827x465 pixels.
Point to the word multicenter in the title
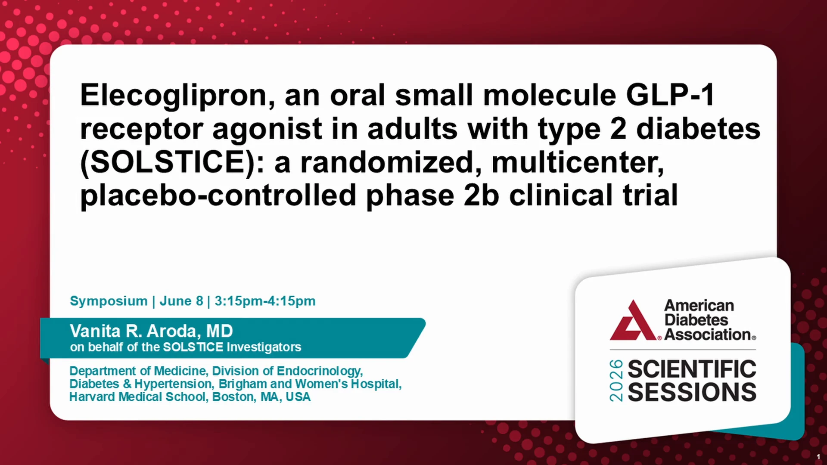point(578,163)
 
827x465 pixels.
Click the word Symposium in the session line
point(109,301)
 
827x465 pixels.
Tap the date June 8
point(181,301)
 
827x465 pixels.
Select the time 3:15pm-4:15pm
point(265,301)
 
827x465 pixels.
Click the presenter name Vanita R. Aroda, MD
point(151,331)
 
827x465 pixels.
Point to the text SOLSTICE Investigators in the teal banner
point(232,347)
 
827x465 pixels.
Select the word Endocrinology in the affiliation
point(319,371)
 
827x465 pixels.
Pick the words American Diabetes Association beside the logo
point(710,320)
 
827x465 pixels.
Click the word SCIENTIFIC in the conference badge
point(692,369)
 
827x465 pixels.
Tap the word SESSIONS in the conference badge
point(692,392)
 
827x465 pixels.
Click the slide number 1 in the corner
point(818,457)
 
